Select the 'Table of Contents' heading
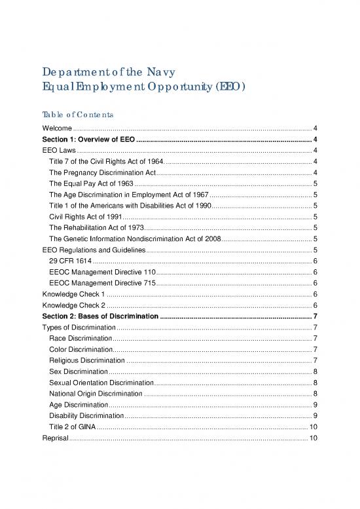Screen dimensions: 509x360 (x=80, y=114)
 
